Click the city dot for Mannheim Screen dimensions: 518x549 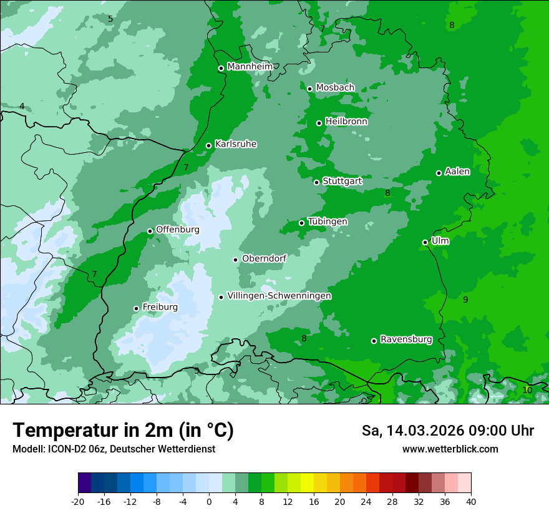click(221, 69)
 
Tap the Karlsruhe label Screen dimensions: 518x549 click(236, 144)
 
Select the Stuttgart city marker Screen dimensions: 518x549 click(316, 182)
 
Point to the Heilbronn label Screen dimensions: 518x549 click(346, 122)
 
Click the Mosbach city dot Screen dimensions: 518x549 click(309, 89)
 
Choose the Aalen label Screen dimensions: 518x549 click(457, 172)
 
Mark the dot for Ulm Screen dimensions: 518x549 click(425, 242)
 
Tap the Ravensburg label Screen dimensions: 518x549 click(406, 340)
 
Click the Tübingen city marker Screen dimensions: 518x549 click(301, 223)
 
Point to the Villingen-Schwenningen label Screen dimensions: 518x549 click(279, 296)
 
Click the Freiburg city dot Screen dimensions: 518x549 click(136, 308)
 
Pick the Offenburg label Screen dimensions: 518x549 click(178, 230)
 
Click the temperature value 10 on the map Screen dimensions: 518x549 click(527, 390)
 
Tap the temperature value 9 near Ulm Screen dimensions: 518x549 click(465, 300)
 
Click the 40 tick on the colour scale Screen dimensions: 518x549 click(470, 502)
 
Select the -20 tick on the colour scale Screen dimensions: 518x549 click(78, 502)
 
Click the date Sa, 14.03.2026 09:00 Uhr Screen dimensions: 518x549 click(447, 431)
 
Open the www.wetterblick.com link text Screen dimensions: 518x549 click(450, 449)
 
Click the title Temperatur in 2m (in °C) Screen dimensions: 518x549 click(123, 430)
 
